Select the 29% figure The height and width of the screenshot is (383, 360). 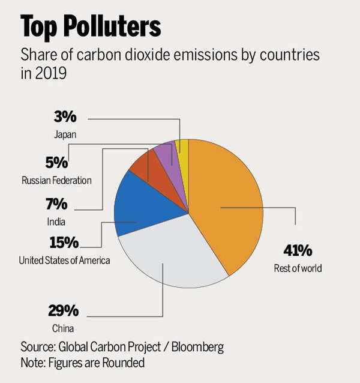[63, 311]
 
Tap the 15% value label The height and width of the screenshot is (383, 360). [64, 243]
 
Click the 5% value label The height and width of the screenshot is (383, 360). [57, 163]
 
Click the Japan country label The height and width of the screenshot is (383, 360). [64, 135]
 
